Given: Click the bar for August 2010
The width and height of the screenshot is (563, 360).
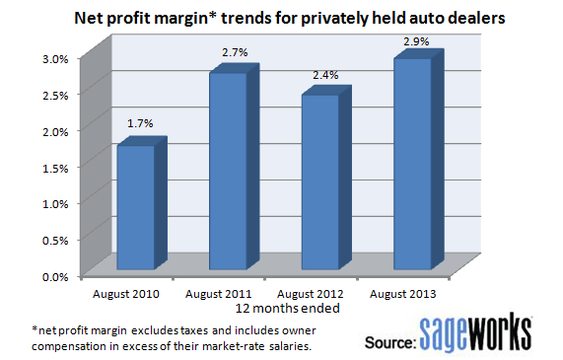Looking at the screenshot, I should coord(136,207).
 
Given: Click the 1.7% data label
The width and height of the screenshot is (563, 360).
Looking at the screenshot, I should coord(139,123).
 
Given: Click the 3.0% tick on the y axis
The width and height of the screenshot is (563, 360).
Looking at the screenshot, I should coord(54,58).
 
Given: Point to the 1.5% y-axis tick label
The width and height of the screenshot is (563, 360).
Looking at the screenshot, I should coord(54,167).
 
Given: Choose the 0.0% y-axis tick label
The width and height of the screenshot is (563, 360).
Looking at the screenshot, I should coord(54,276).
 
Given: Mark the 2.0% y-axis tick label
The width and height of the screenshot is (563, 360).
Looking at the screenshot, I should coord(54,131).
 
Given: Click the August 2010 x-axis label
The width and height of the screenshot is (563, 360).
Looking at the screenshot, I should coord(124,294).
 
